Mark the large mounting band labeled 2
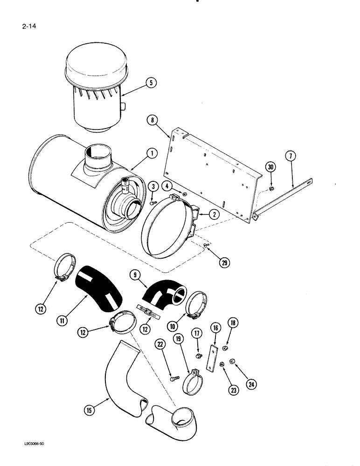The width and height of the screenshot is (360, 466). click(x=168, y=233)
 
